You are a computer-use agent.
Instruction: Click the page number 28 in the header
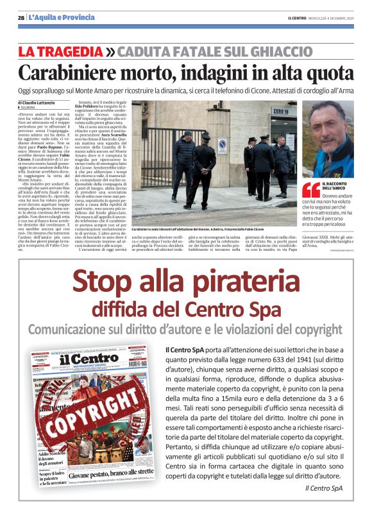21,17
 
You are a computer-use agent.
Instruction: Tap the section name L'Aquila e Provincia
62,17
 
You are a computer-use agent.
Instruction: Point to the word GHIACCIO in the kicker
276,51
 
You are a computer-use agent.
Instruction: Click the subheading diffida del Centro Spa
186,309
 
